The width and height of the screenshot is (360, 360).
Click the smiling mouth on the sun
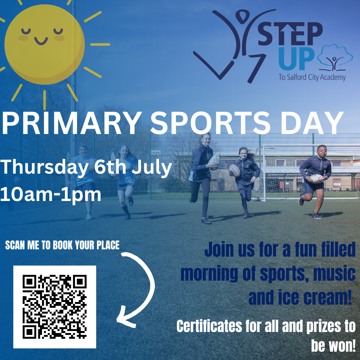click(41, 41)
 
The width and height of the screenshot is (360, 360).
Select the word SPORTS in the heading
click(210, 123)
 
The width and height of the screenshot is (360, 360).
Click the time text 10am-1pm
click(51, 194)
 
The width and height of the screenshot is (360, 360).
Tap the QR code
click(55, 307)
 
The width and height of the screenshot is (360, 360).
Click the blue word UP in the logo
click(296, 59)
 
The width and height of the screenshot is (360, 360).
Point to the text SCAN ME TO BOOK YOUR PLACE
click(62, 245)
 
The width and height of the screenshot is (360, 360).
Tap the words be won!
click(333, 345)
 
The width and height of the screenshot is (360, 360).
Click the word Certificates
click(209, 326)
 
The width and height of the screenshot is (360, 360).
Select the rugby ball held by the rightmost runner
click(316, 178)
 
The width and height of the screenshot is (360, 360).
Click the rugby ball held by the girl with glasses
click(235, 170)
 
